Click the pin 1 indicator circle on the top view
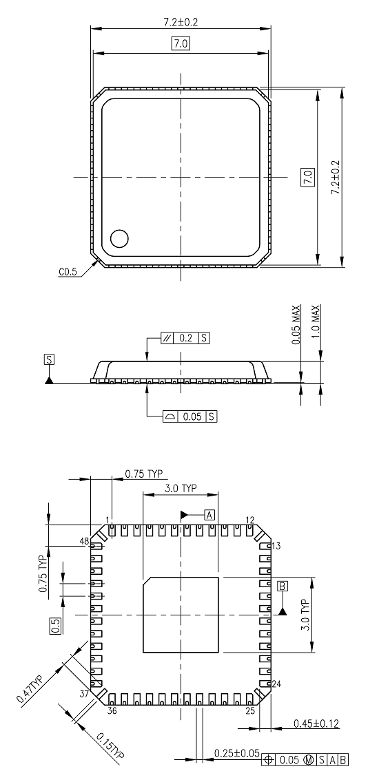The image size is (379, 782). click(120, 238)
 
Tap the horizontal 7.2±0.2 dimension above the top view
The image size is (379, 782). click(181, 22)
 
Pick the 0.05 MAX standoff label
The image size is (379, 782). click(296, 325)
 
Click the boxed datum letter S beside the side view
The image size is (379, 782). click(48, 359)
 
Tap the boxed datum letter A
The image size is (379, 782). click(210, 514)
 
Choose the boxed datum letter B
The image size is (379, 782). click(283, 586)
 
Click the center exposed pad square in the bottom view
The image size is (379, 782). click(181, 615)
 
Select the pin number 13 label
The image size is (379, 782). click(276, 546)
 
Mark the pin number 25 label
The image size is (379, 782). click(251, 710)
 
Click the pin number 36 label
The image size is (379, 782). click(112, 710)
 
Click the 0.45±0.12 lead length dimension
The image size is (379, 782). click(316, 723)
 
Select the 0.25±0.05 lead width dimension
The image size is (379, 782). click(236, 754)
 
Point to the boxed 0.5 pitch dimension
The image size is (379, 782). click(55, 625)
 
